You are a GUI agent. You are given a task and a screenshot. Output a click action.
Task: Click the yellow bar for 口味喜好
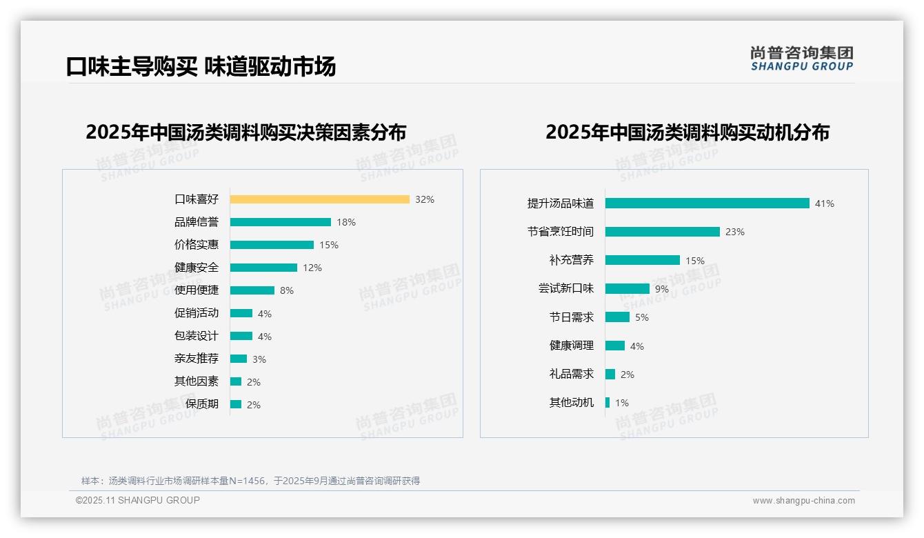(319, 199)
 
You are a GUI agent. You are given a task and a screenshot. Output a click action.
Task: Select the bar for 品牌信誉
(280, 222)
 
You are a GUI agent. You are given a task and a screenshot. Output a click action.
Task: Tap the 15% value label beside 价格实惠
(329, 245)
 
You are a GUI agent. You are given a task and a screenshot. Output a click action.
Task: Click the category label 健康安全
(196, 268)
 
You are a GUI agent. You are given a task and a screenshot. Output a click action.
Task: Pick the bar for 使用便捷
(252, 290)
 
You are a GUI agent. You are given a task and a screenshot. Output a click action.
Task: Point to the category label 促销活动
(196, 313)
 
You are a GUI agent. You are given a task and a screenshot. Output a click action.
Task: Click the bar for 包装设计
(241, 336)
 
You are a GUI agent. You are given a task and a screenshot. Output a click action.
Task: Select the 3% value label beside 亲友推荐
(259, 359)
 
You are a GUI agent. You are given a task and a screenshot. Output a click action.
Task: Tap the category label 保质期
(201, 404)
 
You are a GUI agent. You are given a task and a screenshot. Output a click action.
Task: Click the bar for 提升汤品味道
(707, 203)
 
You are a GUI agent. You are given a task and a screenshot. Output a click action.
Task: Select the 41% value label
(824, 203)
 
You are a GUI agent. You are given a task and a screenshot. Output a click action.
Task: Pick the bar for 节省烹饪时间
(662, 232)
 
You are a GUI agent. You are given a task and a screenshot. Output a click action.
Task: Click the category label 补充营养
(571, 261)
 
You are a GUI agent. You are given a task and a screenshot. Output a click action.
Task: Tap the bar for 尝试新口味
(627, 289)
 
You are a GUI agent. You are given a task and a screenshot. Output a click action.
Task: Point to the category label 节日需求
(571, 317)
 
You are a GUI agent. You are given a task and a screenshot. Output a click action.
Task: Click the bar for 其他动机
(607, 403)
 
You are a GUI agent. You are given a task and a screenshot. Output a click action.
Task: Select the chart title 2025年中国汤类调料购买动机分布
(687, 132)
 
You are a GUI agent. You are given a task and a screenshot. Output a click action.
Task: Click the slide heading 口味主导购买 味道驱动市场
(201, 67)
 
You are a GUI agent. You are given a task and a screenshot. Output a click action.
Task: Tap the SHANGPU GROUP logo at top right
(801, 59)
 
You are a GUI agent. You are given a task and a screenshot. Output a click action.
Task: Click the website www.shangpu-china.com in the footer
(803, 501)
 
